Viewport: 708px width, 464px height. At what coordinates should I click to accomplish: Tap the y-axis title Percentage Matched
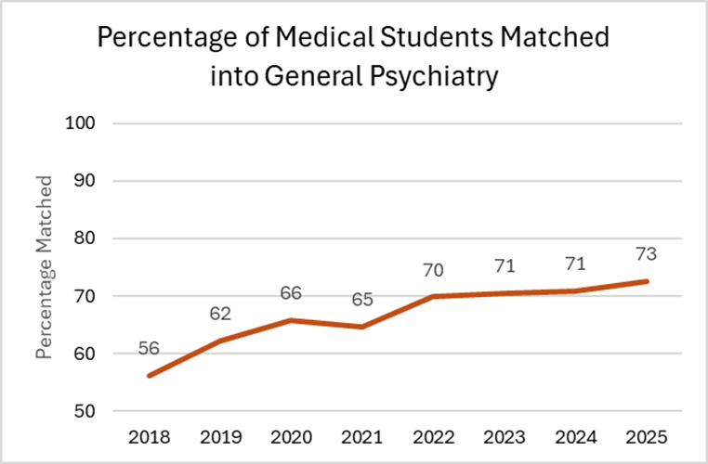(44, 266)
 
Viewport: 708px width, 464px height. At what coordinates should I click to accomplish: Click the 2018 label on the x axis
(150, 437)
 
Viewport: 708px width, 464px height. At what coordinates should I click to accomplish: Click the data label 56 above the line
(150, 349)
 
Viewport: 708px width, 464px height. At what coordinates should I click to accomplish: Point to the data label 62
(221, 315)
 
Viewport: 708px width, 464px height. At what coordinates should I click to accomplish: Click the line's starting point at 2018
(150, 376)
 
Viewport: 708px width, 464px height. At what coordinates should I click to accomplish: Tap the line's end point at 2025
(647, 281)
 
